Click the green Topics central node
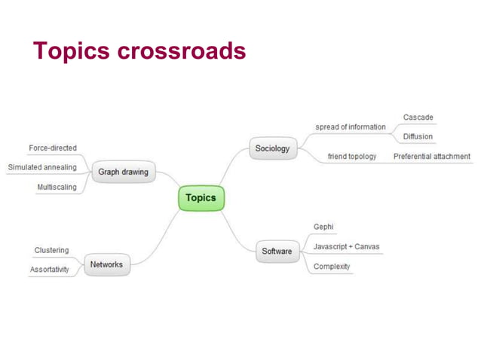(x=201, y=198)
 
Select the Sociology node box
(x=272, y=148)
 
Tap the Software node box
(x=277, y=251)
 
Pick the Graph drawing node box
(x=124, y=172)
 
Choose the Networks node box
(x=106, y=264)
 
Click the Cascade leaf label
(x=418, y=117)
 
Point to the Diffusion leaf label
(x=418, y=136)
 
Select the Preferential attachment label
(x=432, y=157)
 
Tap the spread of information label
(x=350, y=127)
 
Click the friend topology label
(x=352, y=157)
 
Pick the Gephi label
(x=323, y=227)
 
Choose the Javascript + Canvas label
(x=346, y=246)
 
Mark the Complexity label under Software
(x=332, y=267)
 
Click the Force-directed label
(x=53, y=148)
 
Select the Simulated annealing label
(x=42, y=167)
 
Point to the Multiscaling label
(x=57, y=187)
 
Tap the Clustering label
(x=51, y=250)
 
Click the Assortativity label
(x=50, y=270)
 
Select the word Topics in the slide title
(x=72, y=50)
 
